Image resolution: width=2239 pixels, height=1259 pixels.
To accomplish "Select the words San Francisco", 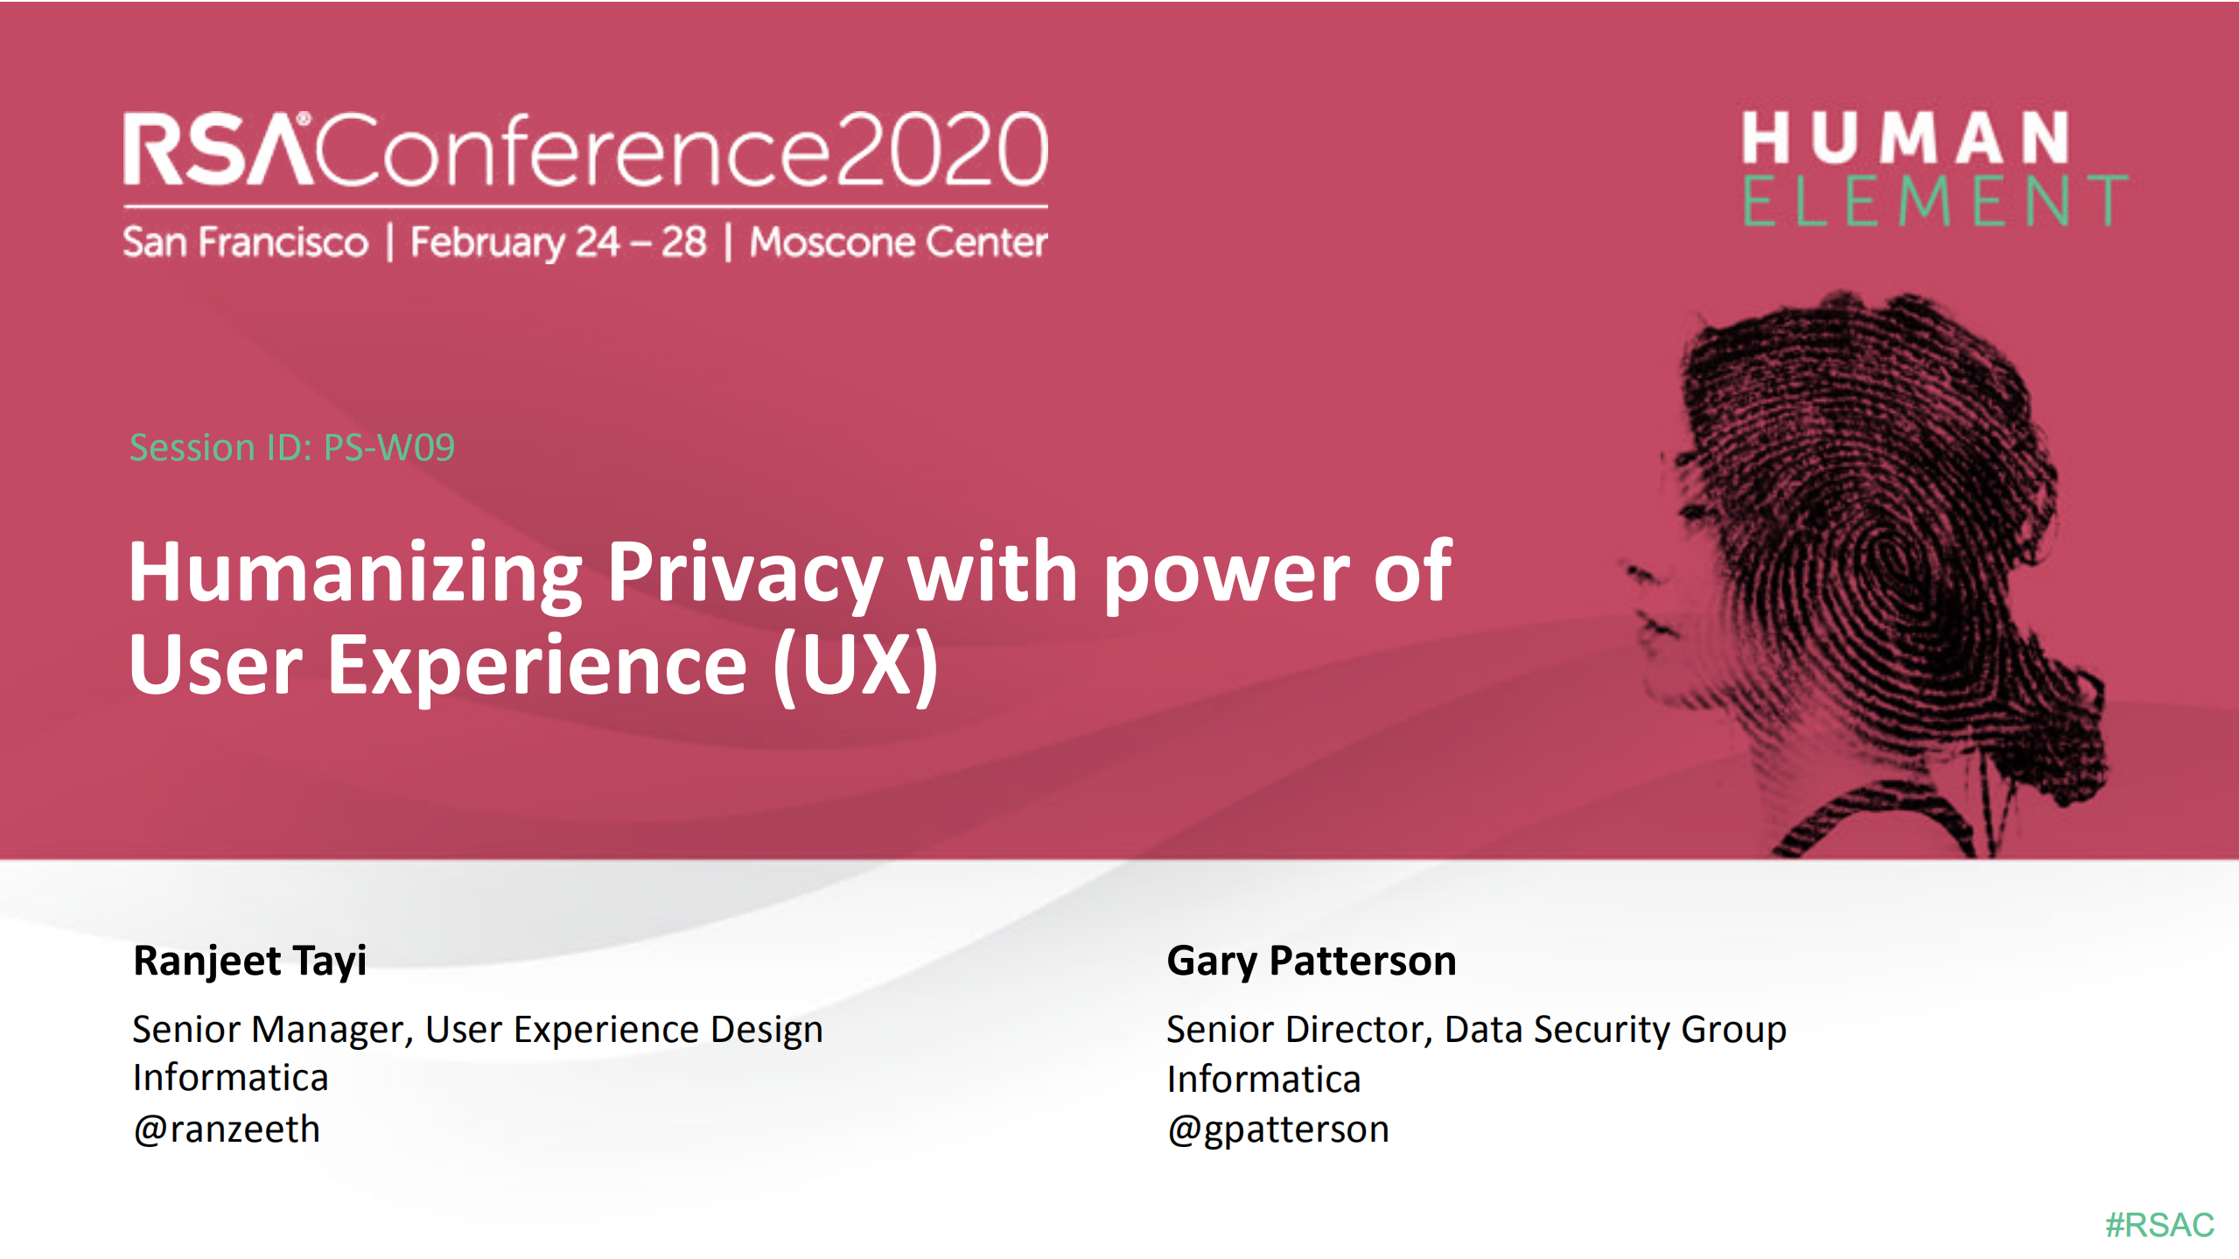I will pos(245,242).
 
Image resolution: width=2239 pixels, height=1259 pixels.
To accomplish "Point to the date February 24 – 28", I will pos(558,242).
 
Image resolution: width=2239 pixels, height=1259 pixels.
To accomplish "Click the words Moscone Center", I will pos(899,242).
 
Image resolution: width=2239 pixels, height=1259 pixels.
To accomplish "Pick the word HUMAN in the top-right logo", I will pos(1906,138).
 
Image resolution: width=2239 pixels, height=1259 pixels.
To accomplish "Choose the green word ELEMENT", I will pos(1935,201).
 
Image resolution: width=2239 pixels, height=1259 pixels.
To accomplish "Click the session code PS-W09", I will pos(389,448).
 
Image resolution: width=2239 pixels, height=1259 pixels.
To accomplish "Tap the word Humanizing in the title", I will pos(355,573).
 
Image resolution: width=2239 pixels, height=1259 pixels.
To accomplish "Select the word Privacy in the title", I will pos(745,573).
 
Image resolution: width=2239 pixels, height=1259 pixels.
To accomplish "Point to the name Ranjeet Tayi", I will pos(249,961).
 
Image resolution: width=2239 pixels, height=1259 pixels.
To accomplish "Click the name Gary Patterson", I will pos(1311,961).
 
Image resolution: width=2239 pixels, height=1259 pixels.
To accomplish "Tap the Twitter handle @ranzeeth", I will pos(227,1130).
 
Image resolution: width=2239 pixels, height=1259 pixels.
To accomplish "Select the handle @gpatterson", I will pos(1277,1130).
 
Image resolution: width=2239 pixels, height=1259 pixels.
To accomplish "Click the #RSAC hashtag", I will pos(2159,1225).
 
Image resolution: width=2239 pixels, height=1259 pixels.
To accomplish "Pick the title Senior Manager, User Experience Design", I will pos(478,1030).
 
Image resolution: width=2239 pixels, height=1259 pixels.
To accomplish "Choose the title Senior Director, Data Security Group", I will pos(1476,1030).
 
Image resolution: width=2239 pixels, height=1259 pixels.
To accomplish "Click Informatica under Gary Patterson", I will pos(1263,1080).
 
